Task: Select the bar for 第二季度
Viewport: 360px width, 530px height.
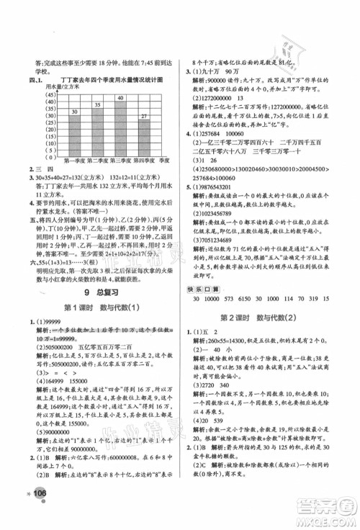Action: tap(96, 127)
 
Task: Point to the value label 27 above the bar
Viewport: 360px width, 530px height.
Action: tap(143, 116)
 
